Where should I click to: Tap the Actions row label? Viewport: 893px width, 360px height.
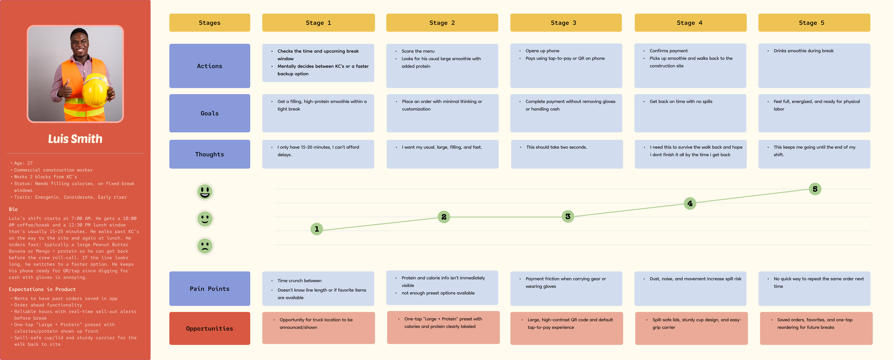coord(209,66)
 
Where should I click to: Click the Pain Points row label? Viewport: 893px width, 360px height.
coord(209,289)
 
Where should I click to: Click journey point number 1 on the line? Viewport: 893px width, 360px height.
coord(317,229)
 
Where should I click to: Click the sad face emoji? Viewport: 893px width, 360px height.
coord(205,246)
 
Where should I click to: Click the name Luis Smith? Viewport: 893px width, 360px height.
coord(75,139)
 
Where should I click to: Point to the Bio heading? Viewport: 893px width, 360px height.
coord(13,209)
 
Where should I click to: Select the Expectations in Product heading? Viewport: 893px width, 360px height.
coord(42,289)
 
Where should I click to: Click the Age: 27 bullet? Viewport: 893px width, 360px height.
coord(23,163)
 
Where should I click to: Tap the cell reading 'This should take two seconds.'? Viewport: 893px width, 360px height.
coord(566,154)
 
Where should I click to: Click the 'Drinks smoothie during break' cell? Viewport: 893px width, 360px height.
coord(814,66)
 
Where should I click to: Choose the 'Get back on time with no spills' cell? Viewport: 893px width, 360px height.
coord(690,113)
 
